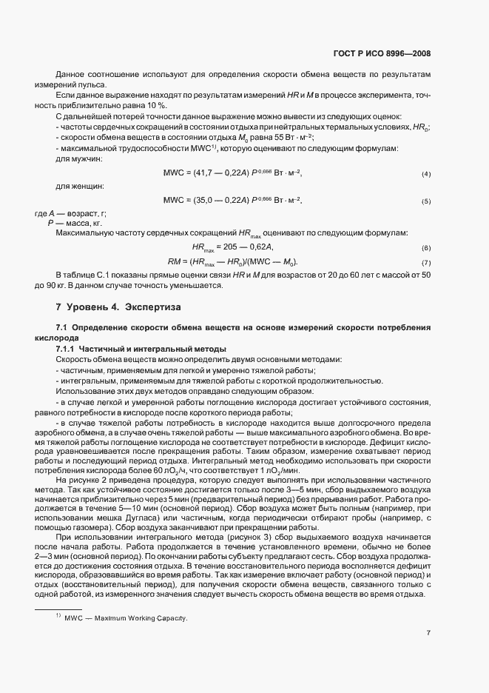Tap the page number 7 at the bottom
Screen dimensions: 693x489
[428, 632]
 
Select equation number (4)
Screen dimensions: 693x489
[426, 174]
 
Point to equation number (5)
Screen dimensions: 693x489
[426, 201]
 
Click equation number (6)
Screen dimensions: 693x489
[426, 248]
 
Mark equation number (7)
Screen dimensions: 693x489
[426, 263]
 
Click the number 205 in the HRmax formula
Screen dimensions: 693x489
[231, 247]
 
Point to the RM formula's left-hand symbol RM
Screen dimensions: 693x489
[175, 262]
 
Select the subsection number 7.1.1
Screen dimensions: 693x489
[68, 349]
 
